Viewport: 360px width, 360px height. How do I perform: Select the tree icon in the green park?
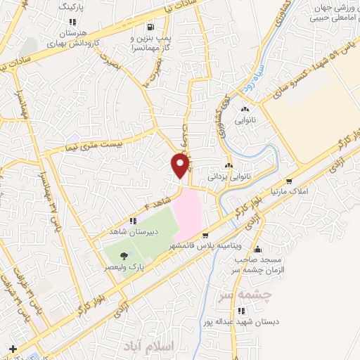pyautogui.click(x=124, y=255)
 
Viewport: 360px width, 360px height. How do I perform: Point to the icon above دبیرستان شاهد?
pyautogui.click(x=134, y=221)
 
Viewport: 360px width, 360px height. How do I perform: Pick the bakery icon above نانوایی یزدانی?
pyautogui.click(x=229, y=165)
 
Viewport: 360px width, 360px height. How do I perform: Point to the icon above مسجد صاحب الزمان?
pyautogui.click(x=259, y=249)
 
